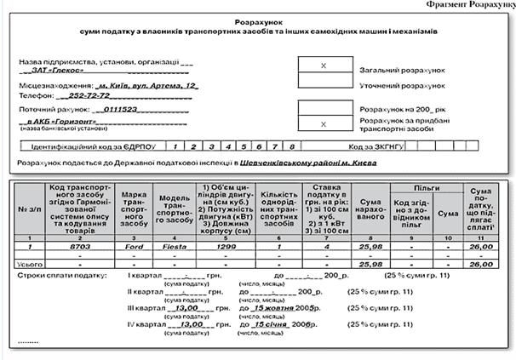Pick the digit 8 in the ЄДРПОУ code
tap(291, 146)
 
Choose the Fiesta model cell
tap(174, 245)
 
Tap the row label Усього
tap(30, 266)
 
